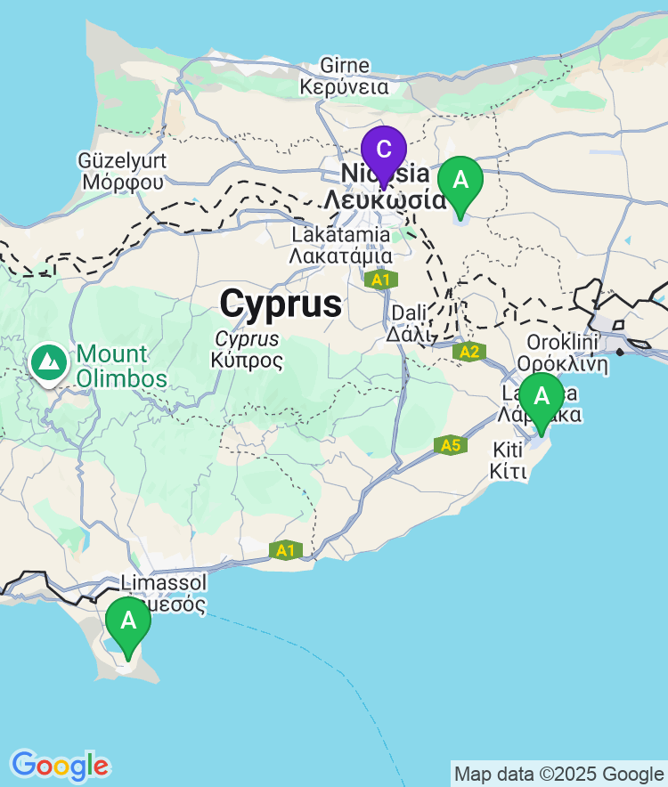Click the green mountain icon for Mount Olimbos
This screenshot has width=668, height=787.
[x=47, y=362]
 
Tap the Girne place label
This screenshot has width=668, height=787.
[x=344, y=66]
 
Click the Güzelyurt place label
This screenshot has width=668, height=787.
[x=122, y=161]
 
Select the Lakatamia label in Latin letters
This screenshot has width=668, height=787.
[x=341, y=234]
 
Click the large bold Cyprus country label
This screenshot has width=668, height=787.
[x=281, y=304]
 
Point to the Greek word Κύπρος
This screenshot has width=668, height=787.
[x=248, y=361]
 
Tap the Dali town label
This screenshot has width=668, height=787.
[x=409, y=314]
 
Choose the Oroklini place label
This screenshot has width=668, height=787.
[x=567, y=343]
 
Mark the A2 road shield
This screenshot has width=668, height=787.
[x=468, y=352]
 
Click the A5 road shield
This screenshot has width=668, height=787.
[x=451, y=444]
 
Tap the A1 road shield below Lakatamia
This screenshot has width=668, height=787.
[x=380, y=280]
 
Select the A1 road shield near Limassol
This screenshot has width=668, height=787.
[x=285, y=550]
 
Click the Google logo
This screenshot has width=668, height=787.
[x=60, y=766]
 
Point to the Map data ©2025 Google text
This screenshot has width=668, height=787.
[x=558, y=775]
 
